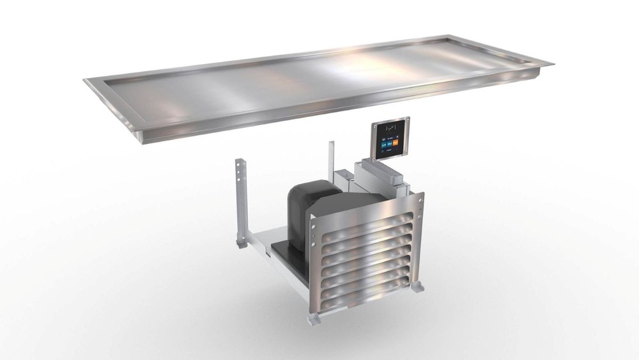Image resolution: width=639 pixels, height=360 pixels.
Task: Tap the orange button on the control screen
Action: pos(395,145)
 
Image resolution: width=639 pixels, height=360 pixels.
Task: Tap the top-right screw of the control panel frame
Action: pos(407,120)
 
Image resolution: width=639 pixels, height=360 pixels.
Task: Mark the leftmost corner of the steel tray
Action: pos(85,81)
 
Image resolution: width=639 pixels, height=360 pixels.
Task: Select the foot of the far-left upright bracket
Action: pos(241,242)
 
